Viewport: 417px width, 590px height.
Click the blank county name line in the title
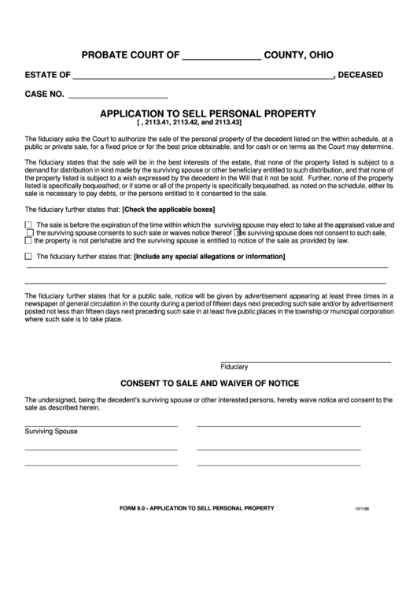point(222,57)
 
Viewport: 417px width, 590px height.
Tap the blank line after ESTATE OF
point(202,76)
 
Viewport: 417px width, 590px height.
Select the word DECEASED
point(360,76)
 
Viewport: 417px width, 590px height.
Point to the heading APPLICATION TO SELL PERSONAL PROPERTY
point(208,113)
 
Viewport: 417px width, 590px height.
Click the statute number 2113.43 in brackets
point(227,123)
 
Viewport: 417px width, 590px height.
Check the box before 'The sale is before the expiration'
point(29,224)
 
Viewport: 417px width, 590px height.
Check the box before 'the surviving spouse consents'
point(30,232)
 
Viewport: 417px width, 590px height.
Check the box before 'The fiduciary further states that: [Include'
point(29,257)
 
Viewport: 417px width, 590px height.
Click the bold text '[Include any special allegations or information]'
point(209,257)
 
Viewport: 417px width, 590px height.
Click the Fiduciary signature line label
point(234,367)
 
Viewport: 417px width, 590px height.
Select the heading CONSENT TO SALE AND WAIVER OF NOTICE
point(208,383)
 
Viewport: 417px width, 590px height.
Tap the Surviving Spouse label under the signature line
point(51,432)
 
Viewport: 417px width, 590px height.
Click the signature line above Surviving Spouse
point(101,425)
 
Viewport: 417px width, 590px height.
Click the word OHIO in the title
point(318,55)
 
